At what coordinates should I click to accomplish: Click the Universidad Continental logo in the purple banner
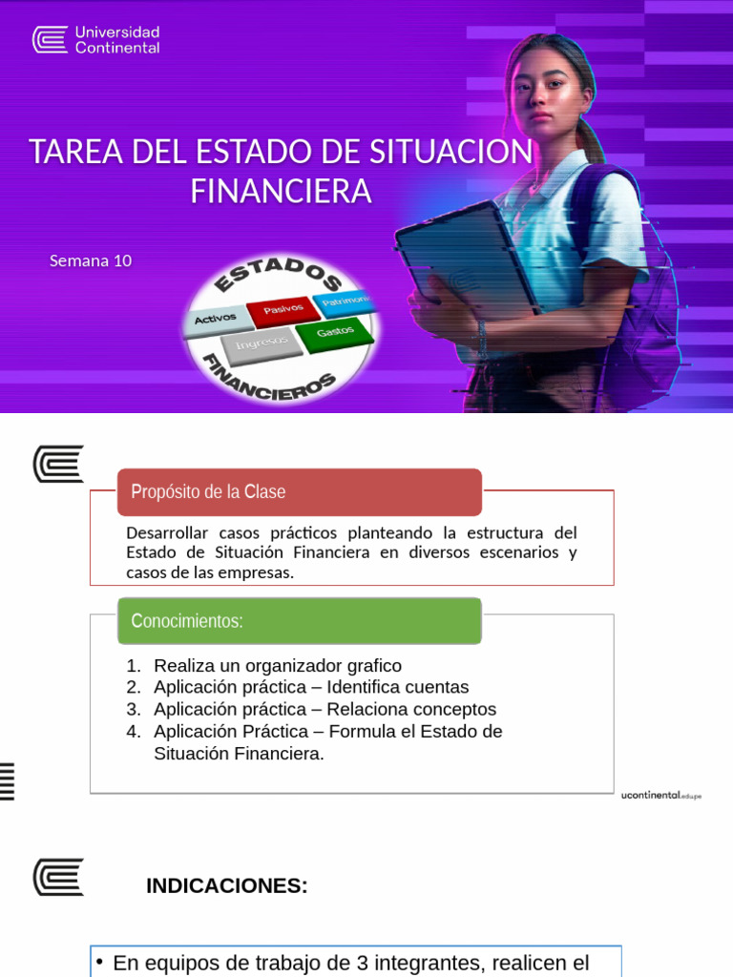95,39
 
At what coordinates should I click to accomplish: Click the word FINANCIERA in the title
281,192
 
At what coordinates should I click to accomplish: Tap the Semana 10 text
91,260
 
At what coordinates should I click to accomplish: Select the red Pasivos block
283,309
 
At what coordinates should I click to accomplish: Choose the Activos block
216,319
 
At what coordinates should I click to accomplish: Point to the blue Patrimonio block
346,301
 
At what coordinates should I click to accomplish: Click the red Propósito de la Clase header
299,492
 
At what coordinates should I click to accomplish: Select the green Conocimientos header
299,621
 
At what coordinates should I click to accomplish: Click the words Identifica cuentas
398,687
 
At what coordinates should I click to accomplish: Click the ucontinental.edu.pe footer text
660,795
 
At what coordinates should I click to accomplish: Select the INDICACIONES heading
226,886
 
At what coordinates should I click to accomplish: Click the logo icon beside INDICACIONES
58,877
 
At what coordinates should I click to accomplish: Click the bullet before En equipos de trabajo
99,962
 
